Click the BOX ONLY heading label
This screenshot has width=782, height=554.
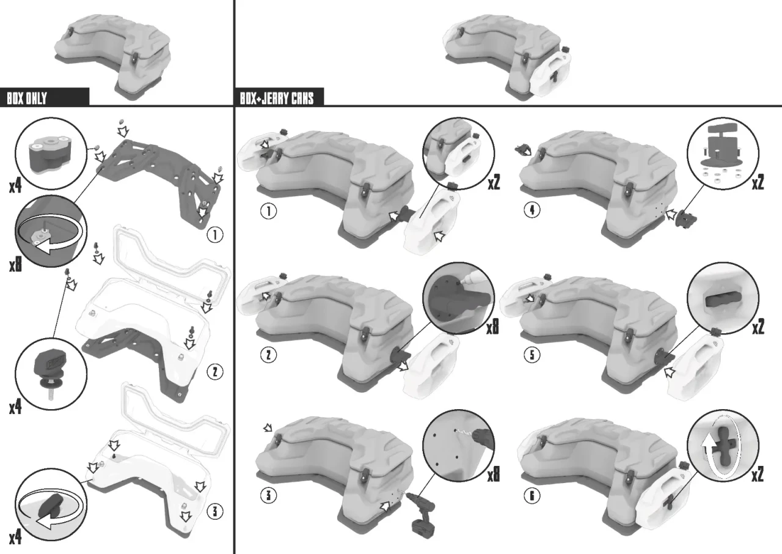[x=27, y=98]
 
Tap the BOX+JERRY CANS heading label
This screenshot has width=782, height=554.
[x=277, y=98]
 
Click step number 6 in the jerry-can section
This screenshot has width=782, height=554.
[x=532, y=495]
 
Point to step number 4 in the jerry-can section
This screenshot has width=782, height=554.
[x=532, y=210]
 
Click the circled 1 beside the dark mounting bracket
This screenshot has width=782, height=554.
[x=215, y=234]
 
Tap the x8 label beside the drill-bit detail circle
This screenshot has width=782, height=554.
[x=493, y=475]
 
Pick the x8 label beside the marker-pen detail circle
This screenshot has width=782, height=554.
[x=492, y=327]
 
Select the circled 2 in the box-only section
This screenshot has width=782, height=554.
[x=215, y=372]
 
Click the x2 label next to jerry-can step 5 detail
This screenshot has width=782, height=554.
[x=758, y=327]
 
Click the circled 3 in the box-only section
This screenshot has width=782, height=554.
[x=215, y=511]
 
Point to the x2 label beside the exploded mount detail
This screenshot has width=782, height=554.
[x=758, y=182]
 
